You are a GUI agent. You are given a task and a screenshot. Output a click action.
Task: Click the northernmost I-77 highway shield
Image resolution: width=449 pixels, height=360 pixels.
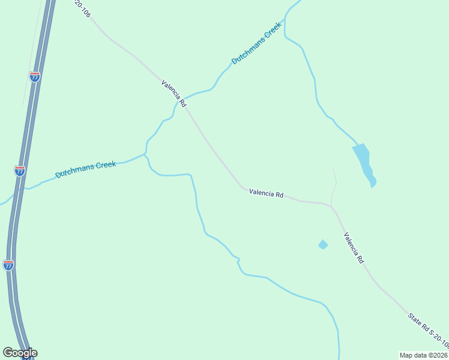(35, 77)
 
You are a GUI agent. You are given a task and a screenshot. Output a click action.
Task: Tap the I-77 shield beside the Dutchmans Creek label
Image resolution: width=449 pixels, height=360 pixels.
(20, 170)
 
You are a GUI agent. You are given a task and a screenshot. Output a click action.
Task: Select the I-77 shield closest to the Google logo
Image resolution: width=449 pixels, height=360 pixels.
(8, 265)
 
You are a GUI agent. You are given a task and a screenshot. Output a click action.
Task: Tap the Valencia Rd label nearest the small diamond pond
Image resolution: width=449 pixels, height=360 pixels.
(354, 248)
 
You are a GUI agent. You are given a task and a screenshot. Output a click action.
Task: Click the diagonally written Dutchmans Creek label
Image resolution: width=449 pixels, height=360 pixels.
(256, 43)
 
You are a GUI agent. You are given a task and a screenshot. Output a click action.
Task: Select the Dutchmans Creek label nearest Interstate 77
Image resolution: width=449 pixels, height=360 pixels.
(85, 169)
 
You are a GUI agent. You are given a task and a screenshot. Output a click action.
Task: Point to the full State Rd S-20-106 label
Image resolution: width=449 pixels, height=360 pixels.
(427, 331)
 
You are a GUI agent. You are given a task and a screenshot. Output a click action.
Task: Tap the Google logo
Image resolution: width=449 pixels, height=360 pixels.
(20, 353)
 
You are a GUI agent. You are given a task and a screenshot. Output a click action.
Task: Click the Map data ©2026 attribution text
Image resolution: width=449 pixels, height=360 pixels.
(423, 355)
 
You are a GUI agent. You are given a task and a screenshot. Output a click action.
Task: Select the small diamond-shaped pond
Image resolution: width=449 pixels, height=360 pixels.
(323, 244)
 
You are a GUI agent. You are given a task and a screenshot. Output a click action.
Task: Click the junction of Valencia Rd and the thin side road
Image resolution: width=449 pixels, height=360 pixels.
(331, 206)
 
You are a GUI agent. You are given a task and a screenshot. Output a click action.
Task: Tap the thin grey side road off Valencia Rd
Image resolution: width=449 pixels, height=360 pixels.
(334, 186)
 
